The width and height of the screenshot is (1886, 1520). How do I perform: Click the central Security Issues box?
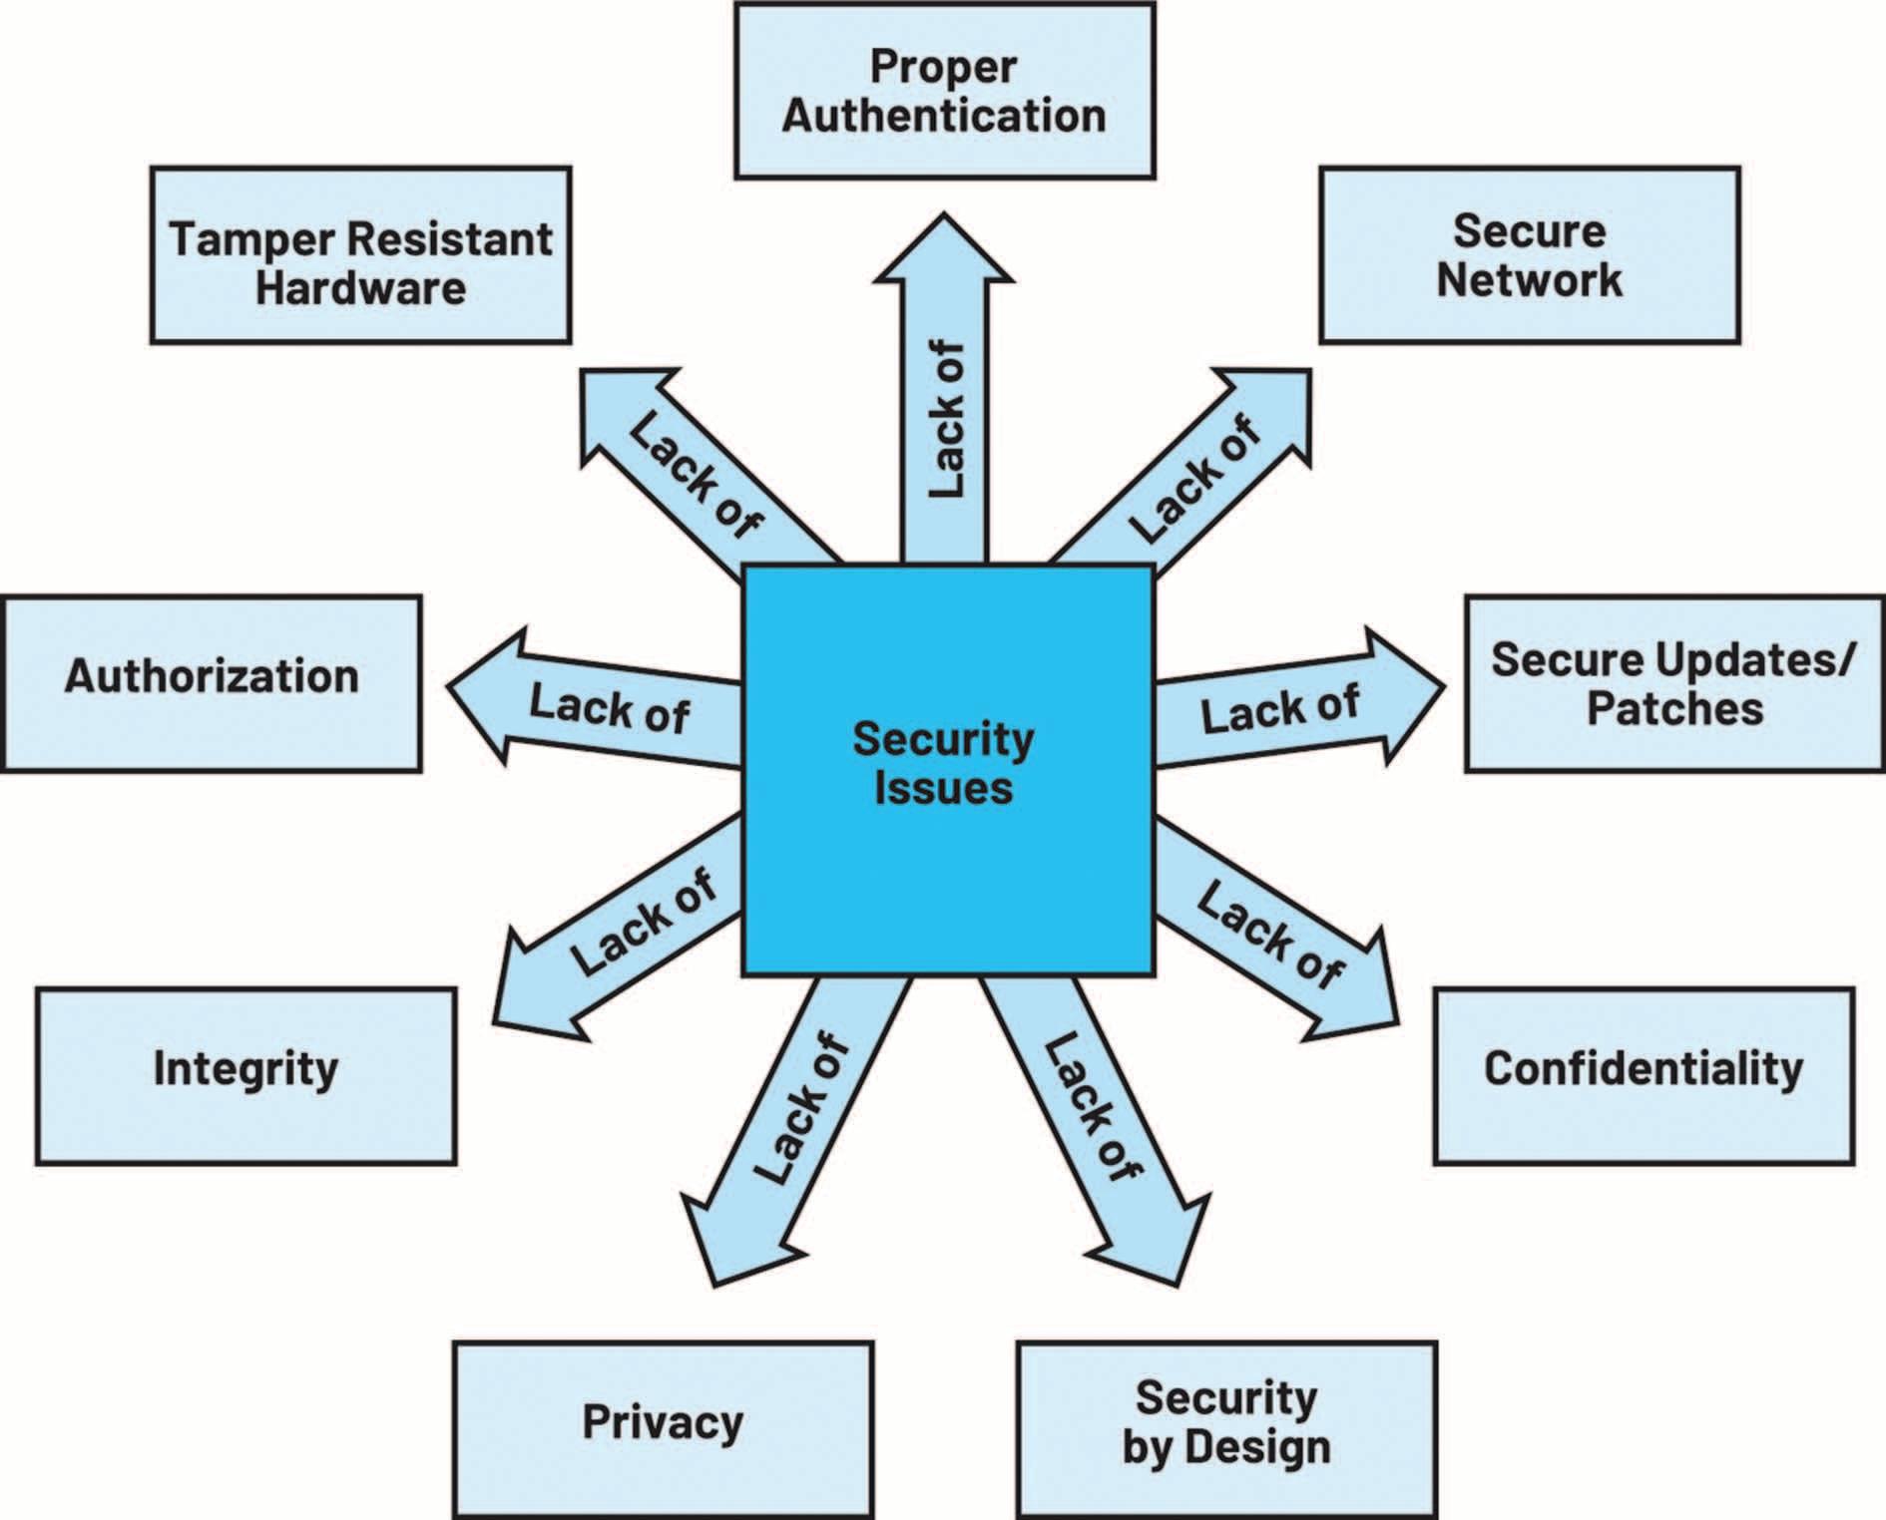(948, 769)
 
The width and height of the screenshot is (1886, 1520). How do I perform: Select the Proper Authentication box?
(944, 91)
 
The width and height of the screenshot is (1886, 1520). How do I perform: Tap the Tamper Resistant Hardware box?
(360, 255)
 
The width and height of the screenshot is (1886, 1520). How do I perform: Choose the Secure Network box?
(1529, 255)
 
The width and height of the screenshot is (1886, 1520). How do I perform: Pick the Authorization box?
(212, 684)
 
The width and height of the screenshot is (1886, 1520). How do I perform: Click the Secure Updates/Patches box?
(1674, 684)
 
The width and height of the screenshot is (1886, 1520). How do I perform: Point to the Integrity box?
(245, 1076)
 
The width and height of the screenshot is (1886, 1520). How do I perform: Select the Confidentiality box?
(1644, 1076)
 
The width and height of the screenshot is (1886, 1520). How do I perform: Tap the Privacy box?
(663, 1429)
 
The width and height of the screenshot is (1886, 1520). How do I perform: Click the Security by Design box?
(1226, 1429)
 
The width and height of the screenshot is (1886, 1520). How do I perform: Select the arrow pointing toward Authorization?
(599, 703)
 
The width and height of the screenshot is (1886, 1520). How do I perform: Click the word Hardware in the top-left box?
(360, 287)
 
